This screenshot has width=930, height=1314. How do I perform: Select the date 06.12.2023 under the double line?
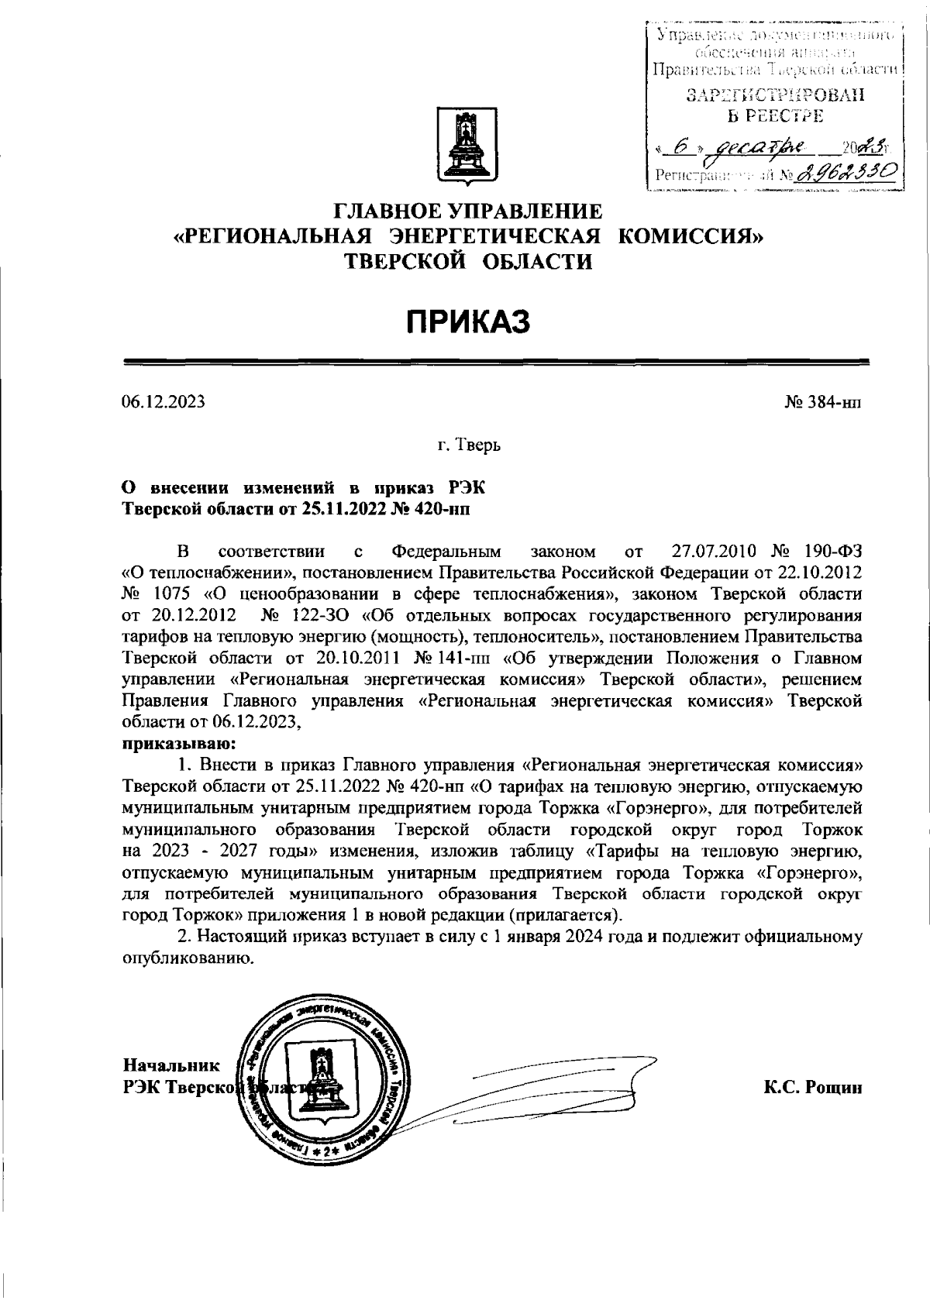coord(163,402)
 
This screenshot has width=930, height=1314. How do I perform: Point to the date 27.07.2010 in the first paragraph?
coord(711,552)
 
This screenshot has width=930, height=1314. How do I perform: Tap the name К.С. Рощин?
coord(812,1088)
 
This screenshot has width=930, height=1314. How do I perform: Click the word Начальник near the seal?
coord(170,1065)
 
